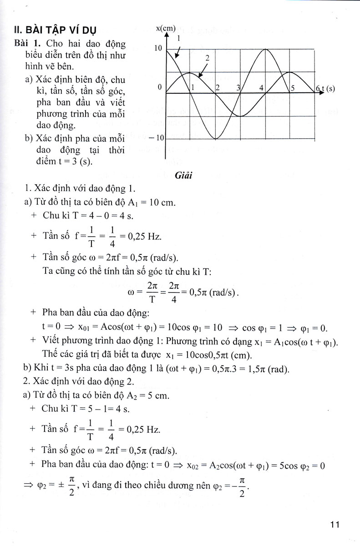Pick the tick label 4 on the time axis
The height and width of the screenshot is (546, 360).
point(261,88)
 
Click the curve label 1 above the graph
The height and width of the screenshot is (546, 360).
point(179,39)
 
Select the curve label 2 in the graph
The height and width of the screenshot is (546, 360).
point(207,58)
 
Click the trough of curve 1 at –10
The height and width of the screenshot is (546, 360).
point(216,138)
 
